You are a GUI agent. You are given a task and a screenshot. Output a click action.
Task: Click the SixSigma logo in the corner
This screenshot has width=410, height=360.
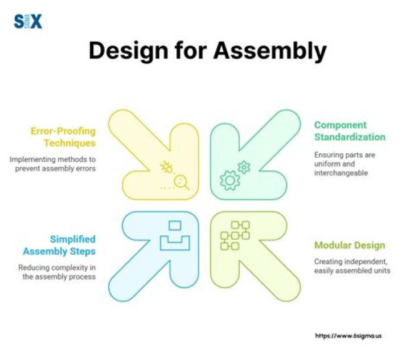(28, 22)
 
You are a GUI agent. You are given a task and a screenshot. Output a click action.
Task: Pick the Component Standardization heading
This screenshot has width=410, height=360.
(350, 131)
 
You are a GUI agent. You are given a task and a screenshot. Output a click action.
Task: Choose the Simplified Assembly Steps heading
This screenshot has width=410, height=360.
(59, 245)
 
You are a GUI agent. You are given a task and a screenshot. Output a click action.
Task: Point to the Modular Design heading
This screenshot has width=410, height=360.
(350, 246)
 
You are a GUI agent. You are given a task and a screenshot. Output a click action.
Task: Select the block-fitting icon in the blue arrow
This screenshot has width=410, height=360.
(175, 236)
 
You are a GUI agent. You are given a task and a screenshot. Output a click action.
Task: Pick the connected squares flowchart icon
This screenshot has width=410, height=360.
(235, 236)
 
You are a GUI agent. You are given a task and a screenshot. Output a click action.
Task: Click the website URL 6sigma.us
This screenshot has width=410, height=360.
(348, 336)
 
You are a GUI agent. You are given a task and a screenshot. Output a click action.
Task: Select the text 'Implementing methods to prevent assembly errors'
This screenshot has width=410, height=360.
(52, 164)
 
